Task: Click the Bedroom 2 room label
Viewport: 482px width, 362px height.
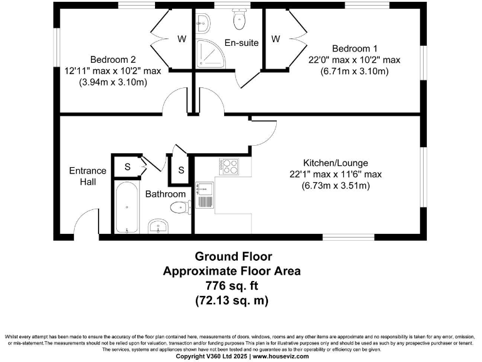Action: click(x=109, y=60)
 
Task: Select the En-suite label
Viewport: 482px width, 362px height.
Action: click(x=239, y=43)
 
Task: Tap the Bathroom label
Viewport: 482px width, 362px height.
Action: click(x=166, y=194)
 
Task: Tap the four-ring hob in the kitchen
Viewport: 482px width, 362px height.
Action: click(x=228, y=167)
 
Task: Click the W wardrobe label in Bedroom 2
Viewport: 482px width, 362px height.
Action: click(x=181, y=39)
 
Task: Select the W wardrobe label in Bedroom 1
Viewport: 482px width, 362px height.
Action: click(x=276, y=39)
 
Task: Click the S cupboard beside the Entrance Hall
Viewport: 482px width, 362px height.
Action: click(x=127, y=167)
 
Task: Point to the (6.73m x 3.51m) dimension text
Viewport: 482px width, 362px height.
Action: click(x=336, y=185)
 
